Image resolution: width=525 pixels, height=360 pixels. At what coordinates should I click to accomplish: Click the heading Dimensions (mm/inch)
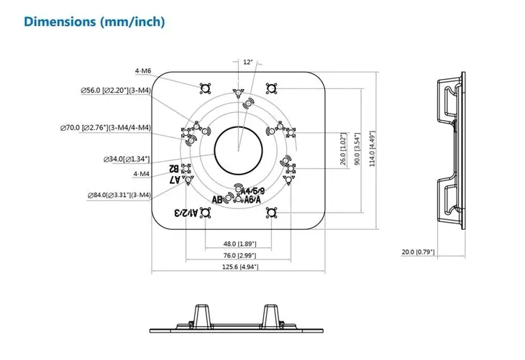coord(95,22)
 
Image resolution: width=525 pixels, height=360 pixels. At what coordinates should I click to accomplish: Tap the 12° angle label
coord(248,63)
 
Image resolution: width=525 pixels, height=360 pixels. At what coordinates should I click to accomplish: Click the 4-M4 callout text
coord(142,174)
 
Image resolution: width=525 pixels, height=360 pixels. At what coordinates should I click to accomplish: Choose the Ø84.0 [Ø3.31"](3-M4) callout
coord(118,195)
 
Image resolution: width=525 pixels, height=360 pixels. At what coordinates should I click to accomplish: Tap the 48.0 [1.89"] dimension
coord(239,244)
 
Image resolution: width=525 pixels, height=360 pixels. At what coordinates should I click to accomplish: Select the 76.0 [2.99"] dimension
coord(239,255)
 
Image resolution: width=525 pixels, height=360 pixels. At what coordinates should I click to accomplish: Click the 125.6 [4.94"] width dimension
coord(239,267)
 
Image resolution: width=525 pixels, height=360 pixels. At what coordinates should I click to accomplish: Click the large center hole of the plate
coord(239,149)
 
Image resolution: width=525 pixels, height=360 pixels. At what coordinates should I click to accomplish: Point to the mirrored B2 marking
coord(175,168)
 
